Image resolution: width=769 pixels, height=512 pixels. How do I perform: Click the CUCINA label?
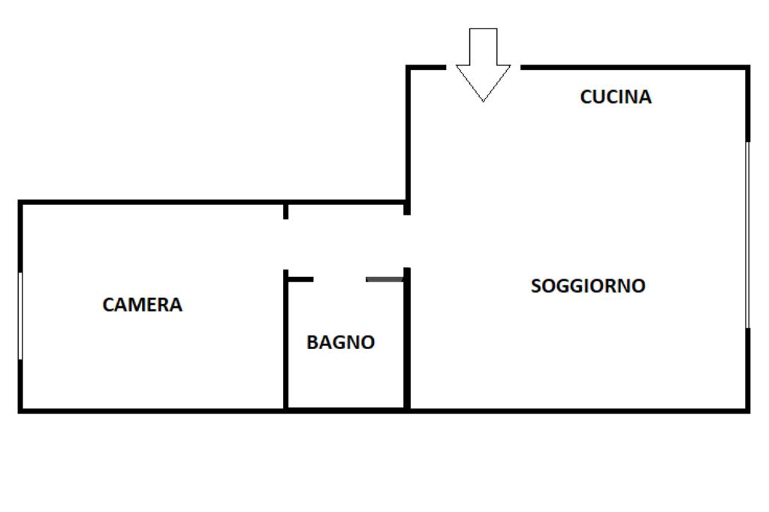click(x=616, y=97)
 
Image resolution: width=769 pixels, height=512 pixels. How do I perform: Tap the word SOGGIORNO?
click(x=588, y=286)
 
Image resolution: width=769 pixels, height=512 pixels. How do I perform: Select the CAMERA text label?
click(x=142, y=305)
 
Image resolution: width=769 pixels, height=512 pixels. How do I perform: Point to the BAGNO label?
click(x=340, y=342)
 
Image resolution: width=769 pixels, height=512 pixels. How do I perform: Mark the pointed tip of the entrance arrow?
click(x=483, y=99)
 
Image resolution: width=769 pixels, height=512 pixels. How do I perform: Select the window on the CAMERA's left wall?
click(x=20, y=315)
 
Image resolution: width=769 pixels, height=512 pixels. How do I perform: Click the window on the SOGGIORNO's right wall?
click(x=747, y=234)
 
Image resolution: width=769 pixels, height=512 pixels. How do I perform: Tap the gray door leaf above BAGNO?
click(x=384, y=279)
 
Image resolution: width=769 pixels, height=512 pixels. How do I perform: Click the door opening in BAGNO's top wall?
click(x=339, y=279)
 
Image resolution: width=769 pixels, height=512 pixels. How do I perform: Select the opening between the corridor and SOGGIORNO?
click(x=407, y=241)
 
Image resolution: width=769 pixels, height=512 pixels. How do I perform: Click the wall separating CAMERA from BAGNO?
click(x=285, y=345)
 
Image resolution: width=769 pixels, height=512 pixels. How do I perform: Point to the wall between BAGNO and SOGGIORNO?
click(x=407, y=345)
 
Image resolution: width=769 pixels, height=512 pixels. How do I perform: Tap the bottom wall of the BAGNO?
click(x=345, y=409)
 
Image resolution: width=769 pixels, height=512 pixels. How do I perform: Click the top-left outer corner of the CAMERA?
click(x=20, y=202)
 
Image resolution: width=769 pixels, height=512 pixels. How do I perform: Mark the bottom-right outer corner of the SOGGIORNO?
click(x=748, y=410)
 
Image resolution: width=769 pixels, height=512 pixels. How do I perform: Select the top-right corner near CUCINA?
click(x=748, y=68)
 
